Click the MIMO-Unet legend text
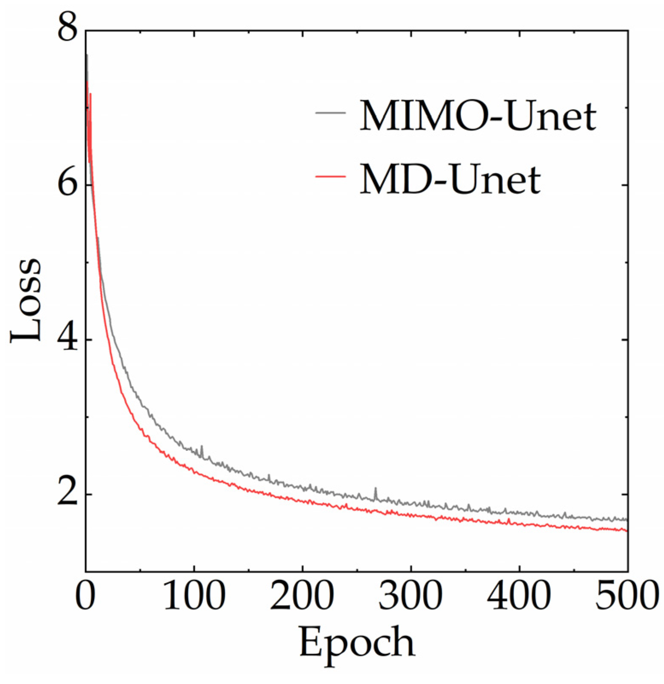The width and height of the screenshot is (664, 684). point(477,115)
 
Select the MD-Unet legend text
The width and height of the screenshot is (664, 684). point(450,179)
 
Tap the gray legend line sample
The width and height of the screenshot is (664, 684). point(330,113)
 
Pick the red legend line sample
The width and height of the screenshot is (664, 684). point(330,176)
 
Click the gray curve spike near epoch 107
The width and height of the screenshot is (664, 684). point(202,447)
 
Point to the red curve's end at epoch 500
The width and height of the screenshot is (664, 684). point(626,531)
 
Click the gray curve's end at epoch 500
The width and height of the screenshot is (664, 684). point(626,520)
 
